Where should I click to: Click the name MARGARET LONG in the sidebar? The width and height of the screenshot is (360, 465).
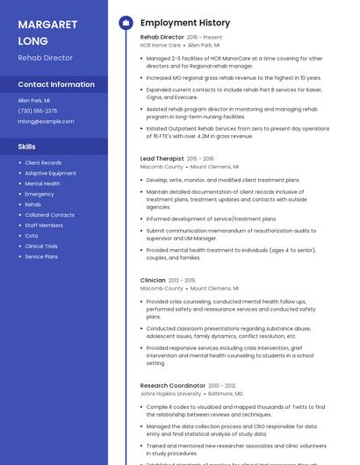click(46, 32)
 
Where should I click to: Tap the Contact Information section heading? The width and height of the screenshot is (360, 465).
click(56, 85)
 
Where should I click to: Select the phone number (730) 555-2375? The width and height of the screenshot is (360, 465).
click(38, 111)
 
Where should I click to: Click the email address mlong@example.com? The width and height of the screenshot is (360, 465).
click(46, 121)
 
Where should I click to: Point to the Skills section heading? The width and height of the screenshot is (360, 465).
click(27, 147)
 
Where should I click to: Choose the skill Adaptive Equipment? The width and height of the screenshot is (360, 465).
click(50, 173)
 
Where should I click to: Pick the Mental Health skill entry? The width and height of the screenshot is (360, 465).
click(42, 183)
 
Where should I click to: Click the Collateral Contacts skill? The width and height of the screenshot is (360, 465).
click(49, 215)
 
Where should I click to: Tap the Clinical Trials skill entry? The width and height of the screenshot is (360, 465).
click(41, 247)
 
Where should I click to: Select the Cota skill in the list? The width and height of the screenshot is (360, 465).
click(32, 236)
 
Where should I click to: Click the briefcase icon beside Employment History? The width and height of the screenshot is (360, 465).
click(126, 23)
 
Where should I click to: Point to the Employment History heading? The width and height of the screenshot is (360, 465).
click(185, 23)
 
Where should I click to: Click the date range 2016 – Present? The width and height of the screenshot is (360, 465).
click(205, 38)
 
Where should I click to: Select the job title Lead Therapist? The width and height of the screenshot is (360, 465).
click(162, 159)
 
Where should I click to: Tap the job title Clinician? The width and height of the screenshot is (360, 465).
click(153, 281)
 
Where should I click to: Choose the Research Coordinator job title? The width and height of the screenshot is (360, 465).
click(172, 385)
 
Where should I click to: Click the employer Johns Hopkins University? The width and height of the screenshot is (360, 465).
click(170, 394)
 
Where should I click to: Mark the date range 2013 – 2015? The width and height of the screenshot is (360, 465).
click(183, 281)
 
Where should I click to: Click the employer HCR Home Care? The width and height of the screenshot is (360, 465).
click(161, 45)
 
